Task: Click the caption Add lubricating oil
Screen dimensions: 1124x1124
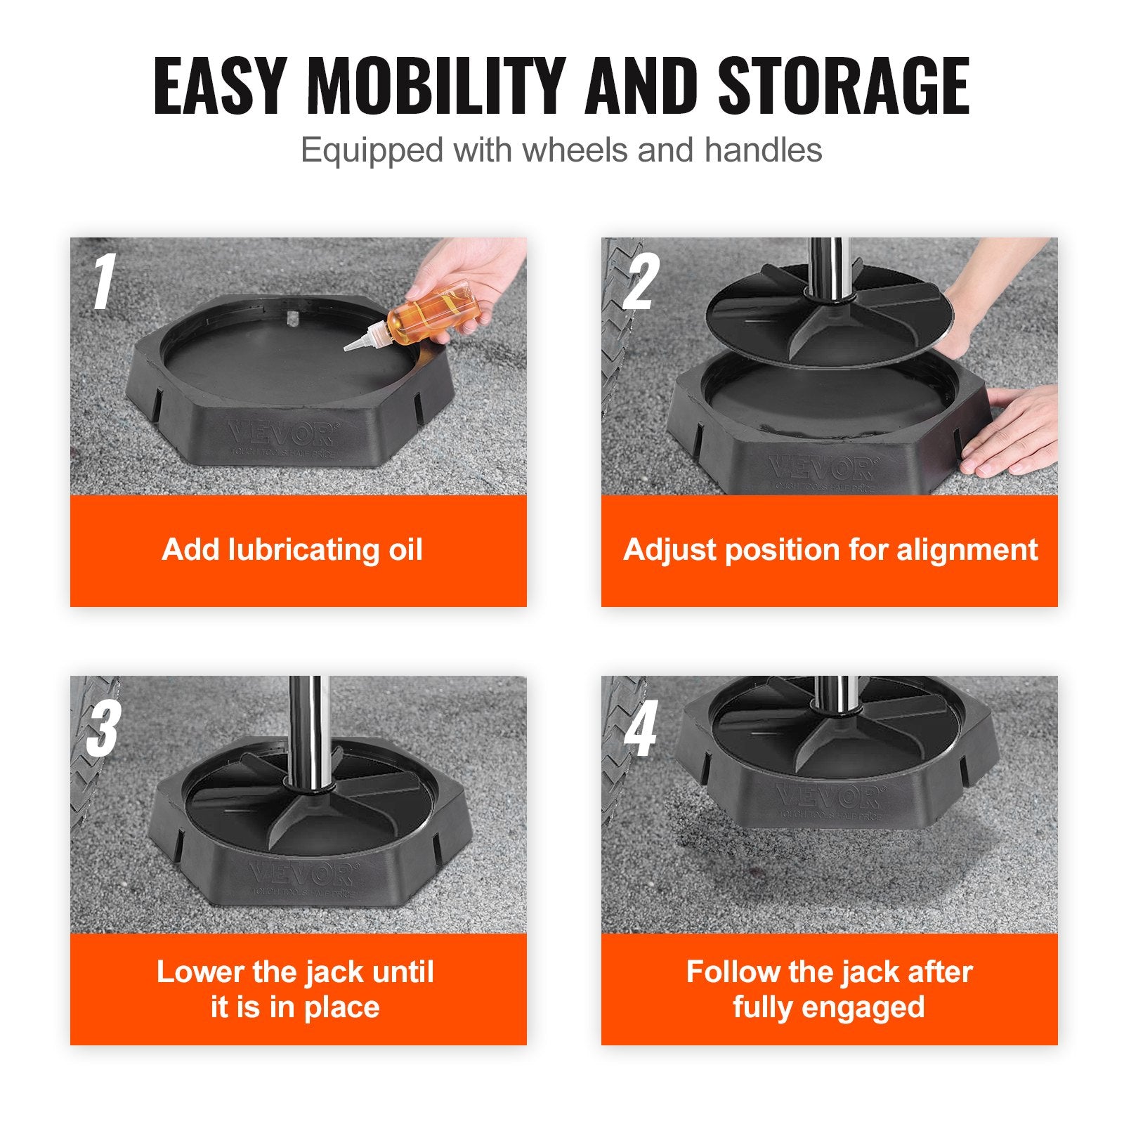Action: point(292,549)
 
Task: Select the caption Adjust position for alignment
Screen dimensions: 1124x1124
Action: point(830,549)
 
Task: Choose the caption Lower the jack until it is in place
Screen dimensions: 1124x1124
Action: point(295,989)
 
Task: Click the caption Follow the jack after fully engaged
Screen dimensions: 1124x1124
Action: point(829,989)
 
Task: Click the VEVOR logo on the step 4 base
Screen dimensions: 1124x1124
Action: point(830,797)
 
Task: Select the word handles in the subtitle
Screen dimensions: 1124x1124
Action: point(763,150)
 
